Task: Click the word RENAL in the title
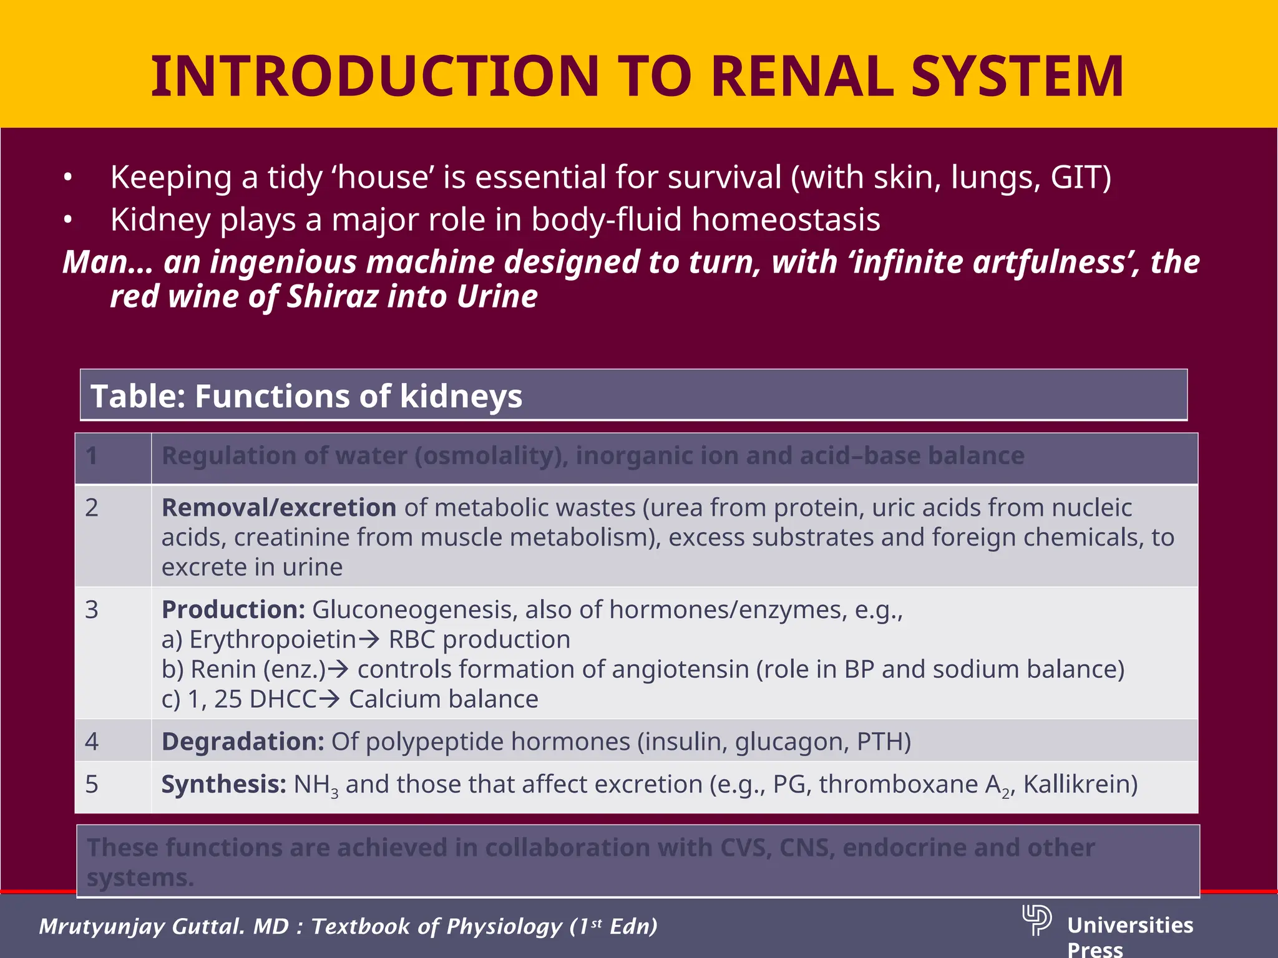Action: point(802,77)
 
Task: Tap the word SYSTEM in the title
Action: point(1017,77)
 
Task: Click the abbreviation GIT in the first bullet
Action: point(1075,177)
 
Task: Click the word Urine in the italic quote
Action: point(497,296)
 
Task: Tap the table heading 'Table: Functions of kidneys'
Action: point(306,396)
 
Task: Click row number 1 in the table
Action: point(92,456)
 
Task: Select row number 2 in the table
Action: point(92,508)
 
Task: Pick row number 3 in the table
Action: point(92,609)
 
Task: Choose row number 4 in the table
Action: point(92,742)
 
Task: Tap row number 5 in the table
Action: point(92,784)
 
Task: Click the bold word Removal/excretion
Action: point(278,508)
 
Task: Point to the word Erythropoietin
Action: point(273,640)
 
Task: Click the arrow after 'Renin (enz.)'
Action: point(338,670)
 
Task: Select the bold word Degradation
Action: point(243,742)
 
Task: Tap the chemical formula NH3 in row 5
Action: point(316,785)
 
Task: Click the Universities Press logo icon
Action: point(1037,920)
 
